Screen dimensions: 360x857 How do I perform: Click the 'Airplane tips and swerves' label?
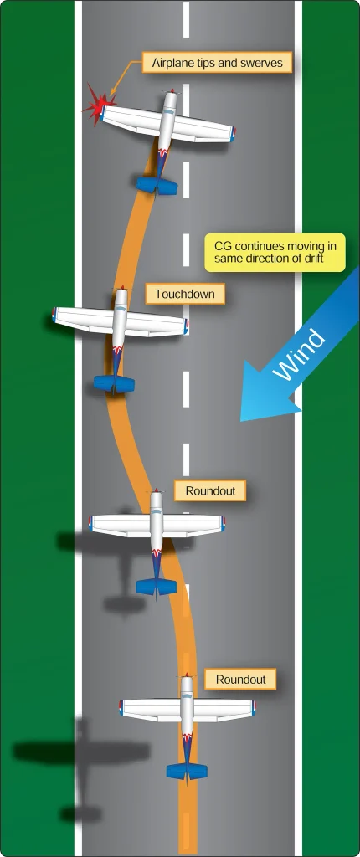tap(217, 63)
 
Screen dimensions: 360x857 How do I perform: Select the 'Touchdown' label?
tap(185, 294)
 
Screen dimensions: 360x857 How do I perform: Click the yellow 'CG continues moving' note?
tap(275, 252)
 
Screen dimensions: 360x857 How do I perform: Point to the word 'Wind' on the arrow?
tap(301, 354)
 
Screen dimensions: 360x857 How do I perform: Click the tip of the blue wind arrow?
tap(241, 421)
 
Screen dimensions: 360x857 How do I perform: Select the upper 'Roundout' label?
tap(210, 490)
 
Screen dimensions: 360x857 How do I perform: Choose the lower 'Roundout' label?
tap(241, 680)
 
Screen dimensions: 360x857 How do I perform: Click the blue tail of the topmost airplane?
tap(157, 186)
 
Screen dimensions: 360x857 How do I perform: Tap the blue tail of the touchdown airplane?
tap(114, 383)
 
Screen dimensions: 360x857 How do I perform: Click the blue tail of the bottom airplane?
tap(187, 771)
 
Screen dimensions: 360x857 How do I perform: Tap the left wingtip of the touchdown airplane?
tap(54, 315)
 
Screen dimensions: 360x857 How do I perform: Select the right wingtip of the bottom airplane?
tap(254, 708)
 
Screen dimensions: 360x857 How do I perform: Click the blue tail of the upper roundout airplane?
tap(157, 587)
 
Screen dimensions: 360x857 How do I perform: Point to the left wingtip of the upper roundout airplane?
tap(91, 523)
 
